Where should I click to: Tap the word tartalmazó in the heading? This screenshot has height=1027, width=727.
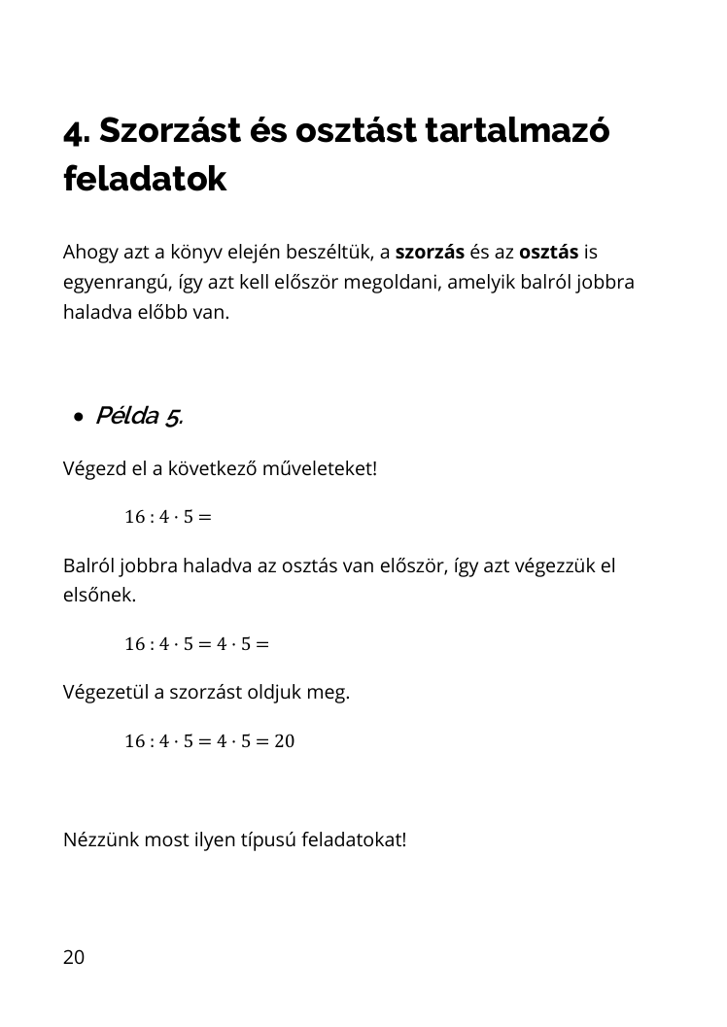pyautogui.click(x=518, y=131)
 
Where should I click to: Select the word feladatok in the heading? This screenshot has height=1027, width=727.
pyautogui.click(x=145, y=179)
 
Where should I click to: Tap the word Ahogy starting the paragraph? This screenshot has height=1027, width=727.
pyautogui.click(x=88, y=253)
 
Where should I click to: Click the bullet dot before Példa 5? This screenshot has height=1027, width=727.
pyautogui.click(x=78, y=418)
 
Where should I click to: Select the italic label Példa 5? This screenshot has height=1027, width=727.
pyautogui.click(x=139, y=417)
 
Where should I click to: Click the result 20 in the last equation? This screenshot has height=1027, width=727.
pyautogui.click(x=283, y=741)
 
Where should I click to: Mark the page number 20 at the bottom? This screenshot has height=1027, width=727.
pyautogui.click(x=74, y=958)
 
